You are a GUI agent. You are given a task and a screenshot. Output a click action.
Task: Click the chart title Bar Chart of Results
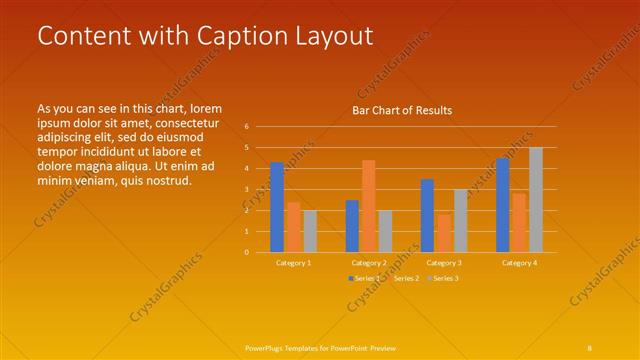tap(402, 110)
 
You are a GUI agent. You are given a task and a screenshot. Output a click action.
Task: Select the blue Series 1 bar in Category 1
tap(277, 207)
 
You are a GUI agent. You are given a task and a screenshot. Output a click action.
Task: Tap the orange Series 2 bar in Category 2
tap(369, 206)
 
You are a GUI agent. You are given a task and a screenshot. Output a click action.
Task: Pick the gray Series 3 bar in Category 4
tap(536, 200)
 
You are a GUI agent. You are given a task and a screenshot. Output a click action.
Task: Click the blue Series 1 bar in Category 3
tap(427, 215)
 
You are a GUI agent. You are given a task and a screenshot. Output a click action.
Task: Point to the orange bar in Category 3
tap(444, 233)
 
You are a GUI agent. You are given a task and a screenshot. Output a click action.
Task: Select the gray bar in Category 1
tap(310, 231)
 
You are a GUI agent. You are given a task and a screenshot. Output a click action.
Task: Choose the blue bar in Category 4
tap(503, 205)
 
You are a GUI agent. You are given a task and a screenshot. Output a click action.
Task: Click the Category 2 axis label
tap(369, 262)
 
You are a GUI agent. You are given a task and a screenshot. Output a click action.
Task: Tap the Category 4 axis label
tap(519, 262)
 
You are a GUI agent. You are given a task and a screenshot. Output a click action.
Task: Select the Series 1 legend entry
tap(363, 277)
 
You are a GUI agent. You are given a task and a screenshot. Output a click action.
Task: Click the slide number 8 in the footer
tap(590, 347)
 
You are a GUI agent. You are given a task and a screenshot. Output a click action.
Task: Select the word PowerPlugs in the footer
tap(265, 347)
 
